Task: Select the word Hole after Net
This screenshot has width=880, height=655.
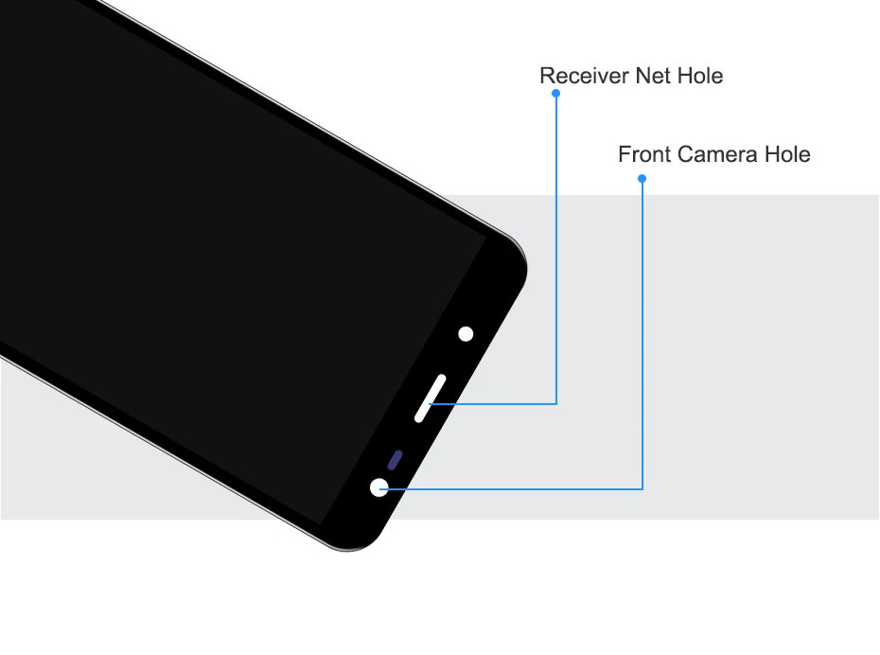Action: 700,77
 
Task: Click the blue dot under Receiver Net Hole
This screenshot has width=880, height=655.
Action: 556,94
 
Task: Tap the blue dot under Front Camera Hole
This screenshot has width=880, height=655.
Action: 642,179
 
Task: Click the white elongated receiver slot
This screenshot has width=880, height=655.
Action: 430,397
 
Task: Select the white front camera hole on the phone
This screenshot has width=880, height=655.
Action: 379,487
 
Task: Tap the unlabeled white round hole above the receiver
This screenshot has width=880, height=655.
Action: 466,333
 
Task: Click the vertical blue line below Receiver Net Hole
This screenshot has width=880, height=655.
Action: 556,246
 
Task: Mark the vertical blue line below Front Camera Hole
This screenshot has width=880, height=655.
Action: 642,331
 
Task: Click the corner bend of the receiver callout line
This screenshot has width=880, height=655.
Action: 556,404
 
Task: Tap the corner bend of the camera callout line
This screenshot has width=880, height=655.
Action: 642,489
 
